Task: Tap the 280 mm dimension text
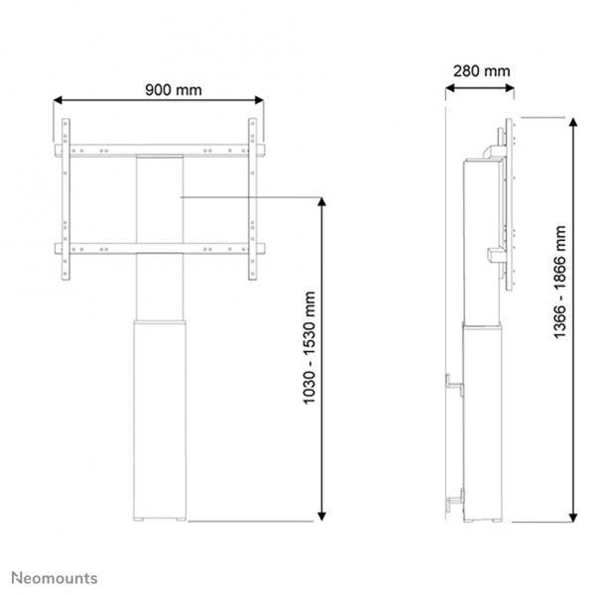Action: [482, 70]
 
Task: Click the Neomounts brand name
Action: [55, 576]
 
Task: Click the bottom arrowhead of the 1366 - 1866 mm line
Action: [574, 515]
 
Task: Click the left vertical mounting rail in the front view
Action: [65, 198]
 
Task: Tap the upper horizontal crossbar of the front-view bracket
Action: [159, 151]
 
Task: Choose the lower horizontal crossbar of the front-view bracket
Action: [159, 248]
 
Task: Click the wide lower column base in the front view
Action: [159, 416]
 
